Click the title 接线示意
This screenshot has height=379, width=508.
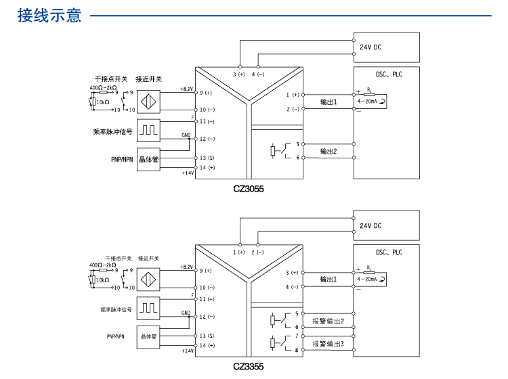click(49, 15)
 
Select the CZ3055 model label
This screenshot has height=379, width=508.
click(248, 189)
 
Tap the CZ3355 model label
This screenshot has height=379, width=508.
click(248, 367)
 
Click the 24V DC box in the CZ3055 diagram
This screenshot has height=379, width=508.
click(386, 47)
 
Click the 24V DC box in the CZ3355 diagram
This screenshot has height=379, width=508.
click(386, 225)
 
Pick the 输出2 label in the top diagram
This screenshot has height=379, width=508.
click(329, 151)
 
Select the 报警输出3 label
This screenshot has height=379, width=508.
click(329, 344)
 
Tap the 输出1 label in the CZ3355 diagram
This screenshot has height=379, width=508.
click(329, 279)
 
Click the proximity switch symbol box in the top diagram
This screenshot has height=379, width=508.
click(149, 100)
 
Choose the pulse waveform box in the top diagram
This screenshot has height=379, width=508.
click(149, 129)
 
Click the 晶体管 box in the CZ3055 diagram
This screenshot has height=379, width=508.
click(149, 160)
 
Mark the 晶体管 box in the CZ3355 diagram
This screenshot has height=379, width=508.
click(149, 336)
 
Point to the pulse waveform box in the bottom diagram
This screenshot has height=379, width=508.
click(149, 308)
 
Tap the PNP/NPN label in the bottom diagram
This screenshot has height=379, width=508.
click(116, 336)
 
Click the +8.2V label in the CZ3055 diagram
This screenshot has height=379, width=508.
click(187, 89)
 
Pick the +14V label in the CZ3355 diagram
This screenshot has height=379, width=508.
click(188, 351)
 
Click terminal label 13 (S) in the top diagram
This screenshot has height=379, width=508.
click(207, 157)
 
